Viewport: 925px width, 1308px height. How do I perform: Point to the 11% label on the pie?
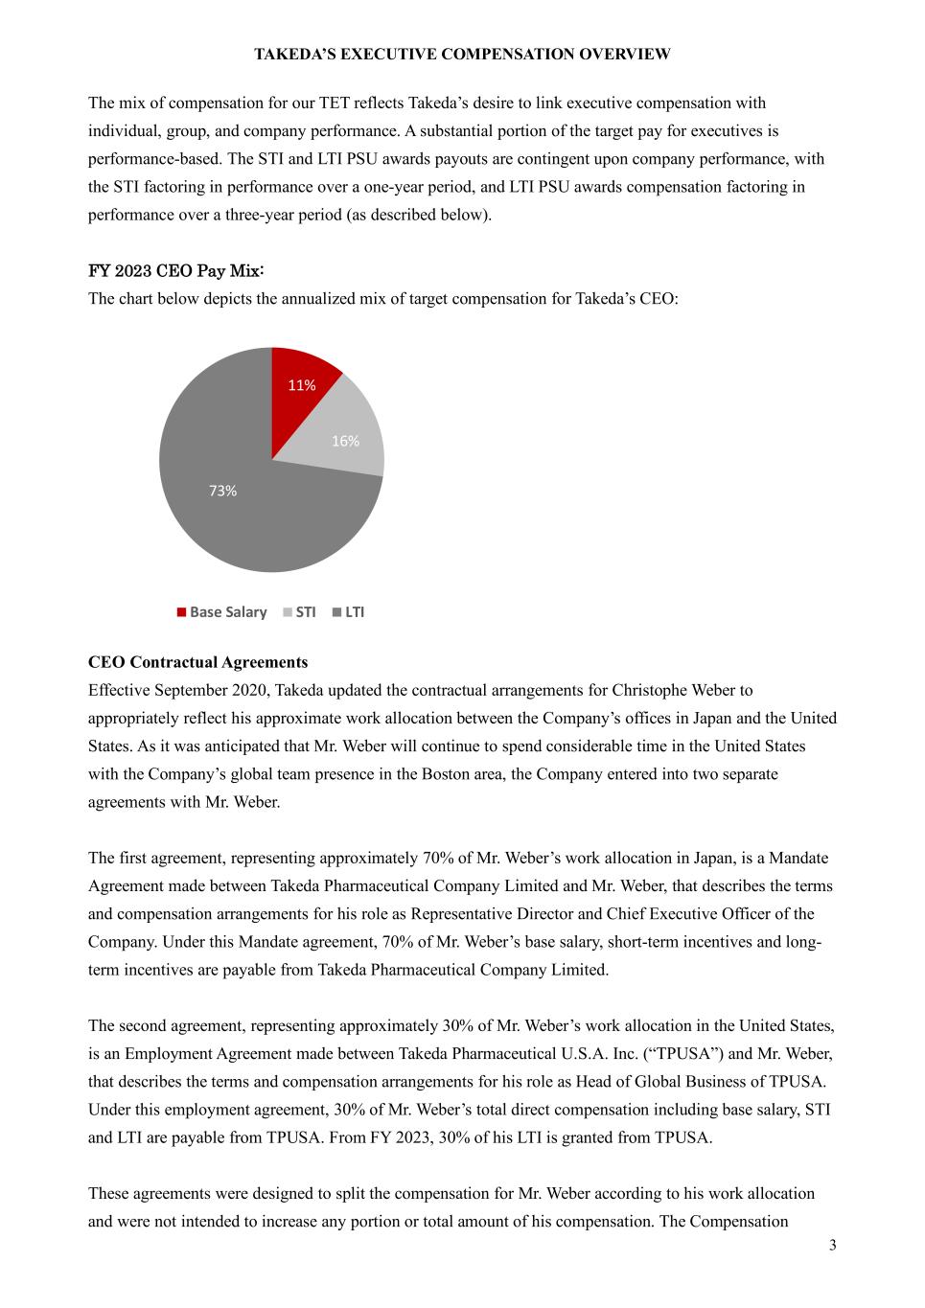tap(302, 385)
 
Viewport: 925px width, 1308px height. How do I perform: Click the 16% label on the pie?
tap(345, 441)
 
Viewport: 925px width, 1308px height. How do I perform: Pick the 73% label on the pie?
tap(222, 491)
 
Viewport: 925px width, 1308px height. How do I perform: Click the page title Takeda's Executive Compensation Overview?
tap(462, 55)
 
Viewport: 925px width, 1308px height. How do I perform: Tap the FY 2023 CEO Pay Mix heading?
tap(176, 271)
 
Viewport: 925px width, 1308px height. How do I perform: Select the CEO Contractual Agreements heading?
tap(197, 662)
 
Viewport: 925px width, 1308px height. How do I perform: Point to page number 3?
tap(832, 1245)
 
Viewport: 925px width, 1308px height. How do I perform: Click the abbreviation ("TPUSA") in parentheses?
tap(690, 1054)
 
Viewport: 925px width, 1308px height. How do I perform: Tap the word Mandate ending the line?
tap(798, 858)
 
